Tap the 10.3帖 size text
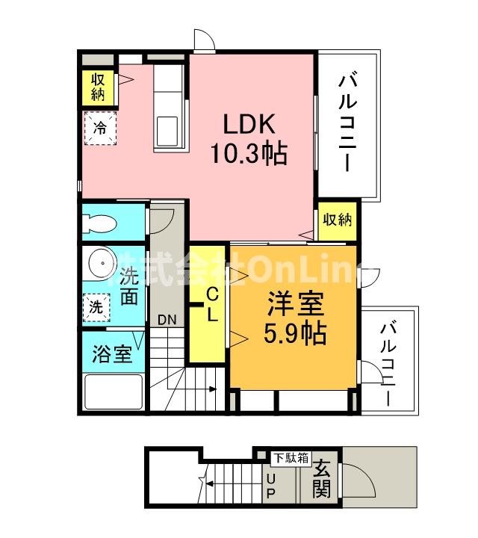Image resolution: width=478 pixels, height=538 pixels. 248,154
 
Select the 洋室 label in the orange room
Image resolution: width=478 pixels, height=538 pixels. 296,306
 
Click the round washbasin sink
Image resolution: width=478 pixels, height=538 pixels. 98,263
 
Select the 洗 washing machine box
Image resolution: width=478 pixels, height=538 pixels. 96,305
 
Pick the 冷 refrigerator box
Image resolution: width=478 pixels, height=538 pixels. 99,126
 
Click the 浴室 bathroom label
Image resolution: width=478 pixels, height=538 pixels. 112,353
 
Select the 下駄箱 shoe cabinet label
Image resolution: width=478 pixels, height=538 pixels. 290,457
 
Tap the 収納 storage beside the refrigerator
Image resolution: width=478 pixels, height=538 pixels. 99,87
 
